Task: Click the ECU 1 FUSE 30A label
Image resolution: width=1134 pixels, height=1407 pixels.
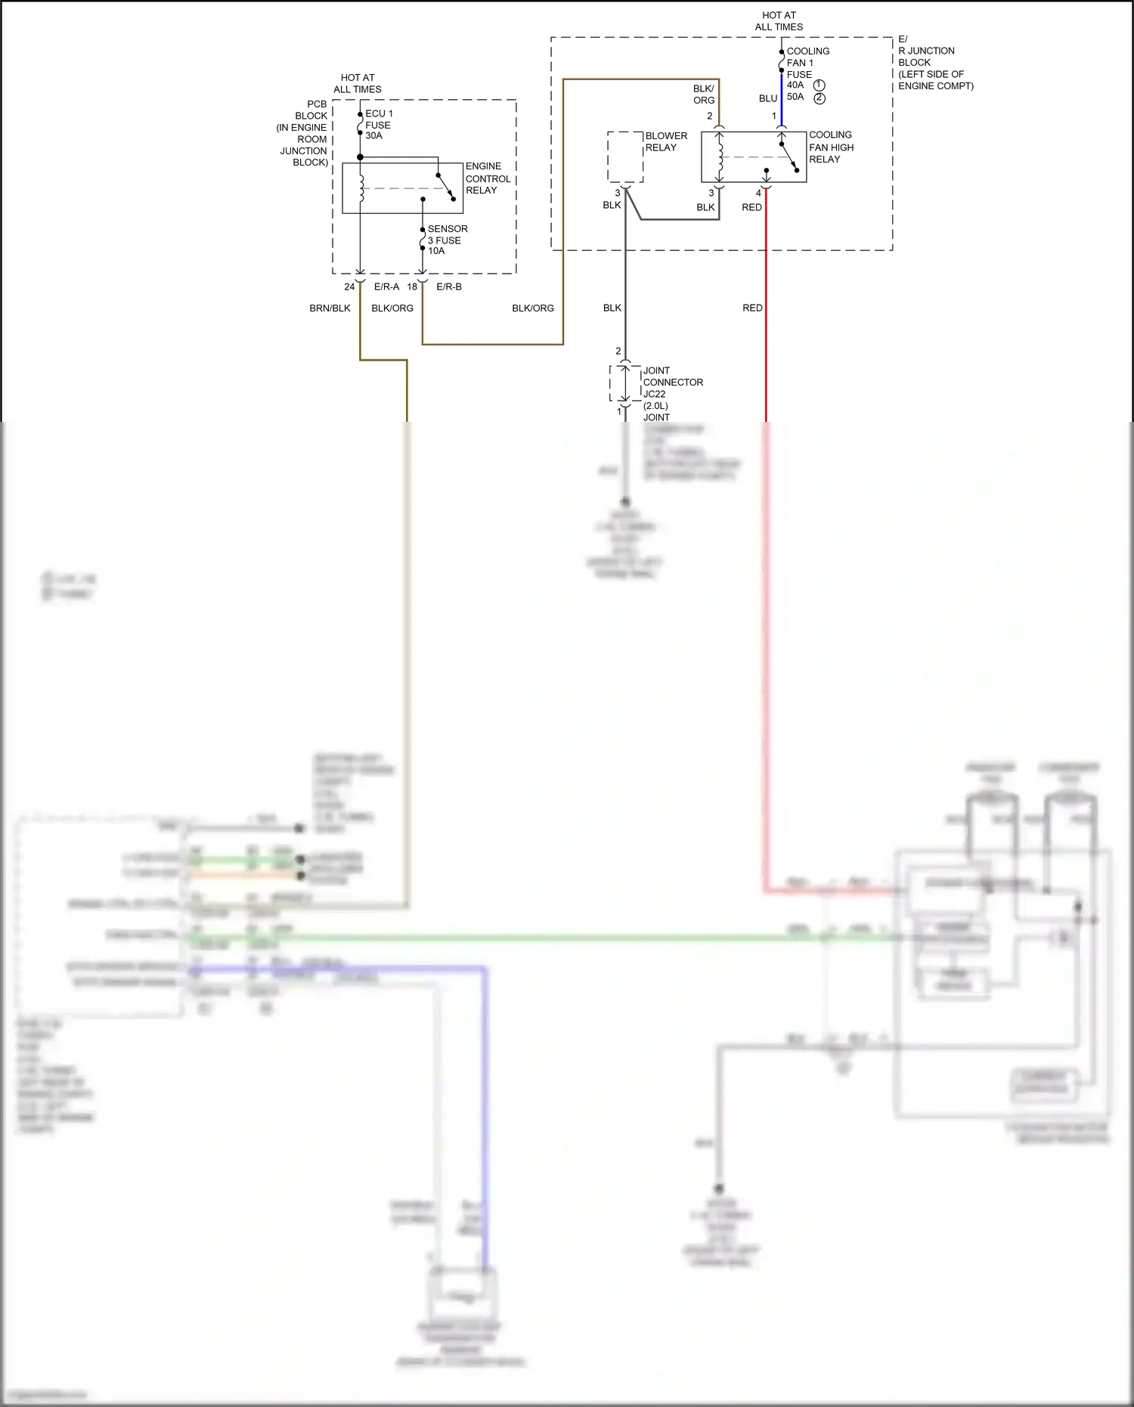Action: tap(378, 125)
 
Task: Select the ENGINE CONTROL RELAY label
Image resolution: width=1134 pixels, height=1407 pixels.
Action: tap(488, 178)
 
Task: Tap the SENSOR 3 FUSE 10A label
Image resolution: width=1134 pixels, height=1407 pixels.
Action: tap(447, 240)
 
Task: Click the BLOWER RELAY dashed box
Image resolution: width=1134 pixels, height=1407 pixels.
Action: tap(625, 157)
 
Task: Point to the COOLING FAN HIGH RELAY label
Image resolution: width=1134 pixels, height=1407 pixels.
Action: tap(831, 147)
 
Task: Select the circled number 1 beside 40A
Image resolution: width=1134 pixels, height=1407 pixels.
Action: tap(820, 85)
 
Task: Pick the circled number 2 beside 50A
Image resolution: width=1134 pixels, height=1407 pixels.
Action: tap(820, 98)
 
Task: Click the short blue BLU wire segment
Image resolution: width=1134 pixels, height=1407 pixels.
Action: tap(781, 98)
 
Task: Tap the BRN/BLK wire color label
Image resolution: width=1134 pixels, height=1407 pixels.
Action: tap(330, 308)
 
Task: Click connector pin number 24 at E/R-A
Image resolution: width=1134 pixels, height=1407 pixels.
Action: tap(349, 287)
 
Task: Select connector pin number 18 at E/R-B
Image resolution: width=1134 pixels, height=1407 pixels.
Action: tap(412, 287)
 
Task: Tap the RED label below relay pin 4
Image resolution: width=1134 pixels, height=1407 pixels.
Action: tap(751, 208)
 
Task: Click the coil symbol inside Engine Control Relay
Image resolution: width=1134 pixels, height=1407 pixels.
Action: tap(361, 188)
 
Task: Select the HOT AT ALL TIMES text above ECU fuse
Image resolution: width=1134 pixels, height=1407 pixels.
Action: tap(358, 83)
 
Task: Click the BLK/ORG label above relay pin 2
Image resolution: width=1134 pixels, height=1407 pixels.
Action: tap(704, 95)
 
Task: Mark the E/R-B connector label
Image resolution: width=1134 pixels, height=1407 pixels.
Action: tap(449, 287)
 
